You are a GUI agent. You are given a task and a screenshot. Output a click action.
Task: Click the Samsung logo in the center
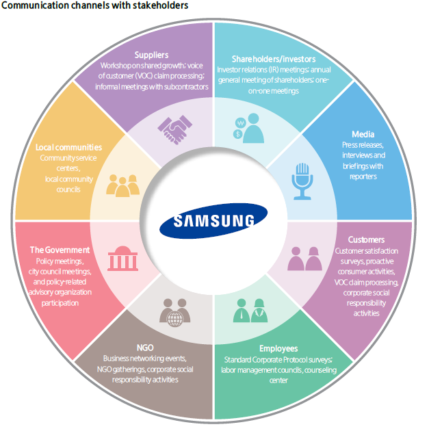[x=214, y=220]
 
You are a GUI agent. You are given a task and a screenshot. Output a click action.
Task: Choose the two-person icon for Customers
[x=304, y=259]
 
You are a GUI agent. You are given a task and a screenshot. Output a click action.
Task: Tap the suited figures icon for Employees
[x=249, y=311]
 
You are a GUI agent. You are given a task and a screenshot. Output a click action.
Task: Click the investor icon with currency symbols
[x=247, y=128]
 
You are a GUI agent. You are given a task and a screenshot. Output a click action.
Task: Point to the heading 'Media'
[x=363, y=135]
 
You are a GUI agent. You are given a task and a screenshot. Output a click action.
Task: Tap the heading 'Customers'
[x=367, y=239]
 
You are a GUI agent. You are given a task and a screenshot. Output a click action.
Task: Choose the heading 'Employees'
[x=278, y=348]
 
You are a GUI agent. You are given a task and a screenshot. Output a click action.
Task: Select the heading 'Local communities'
[x=68, y=147]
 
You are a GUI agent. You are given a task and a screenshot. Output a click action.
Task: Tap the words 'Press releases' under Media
[x=363, y=146]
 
